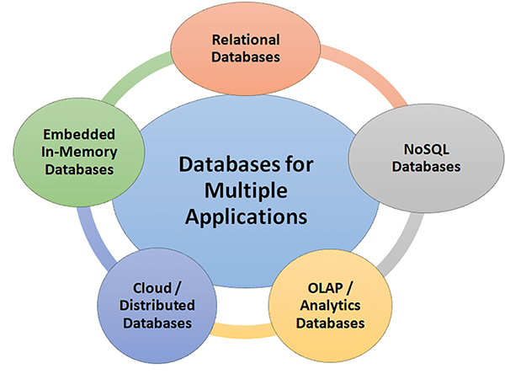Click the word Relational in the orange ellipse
pos(246,40)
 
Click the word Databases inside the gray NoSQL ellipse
pos(430,167)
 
